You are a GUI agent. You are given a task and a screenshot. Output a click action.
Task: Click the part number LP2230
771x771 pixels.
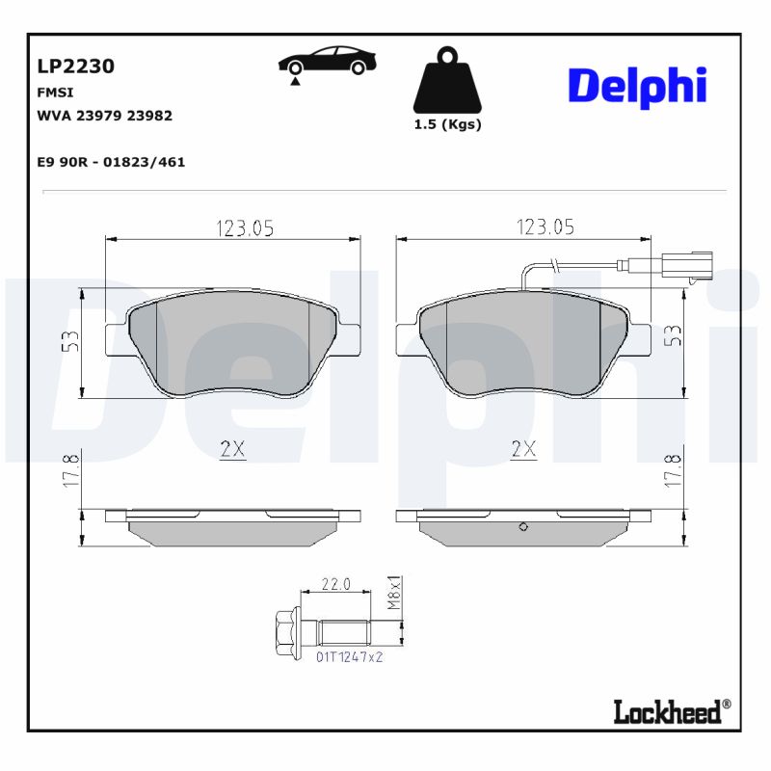(x=75, y=66)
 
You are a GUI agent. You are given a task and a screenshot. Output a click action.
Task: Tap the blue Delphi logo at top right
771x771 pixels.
(x=637, y=86)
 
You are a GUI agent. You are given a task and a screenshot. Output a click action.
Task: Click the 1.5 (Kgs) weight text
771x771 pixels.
(x=447, y=124)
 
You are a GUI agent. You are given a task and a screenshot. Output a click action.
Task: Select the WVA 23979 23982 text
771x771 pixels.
(x=104, y=115)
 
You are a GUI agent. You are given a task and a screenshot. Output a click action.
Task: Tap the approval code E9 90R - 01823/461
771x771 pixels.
(x=111, y=162)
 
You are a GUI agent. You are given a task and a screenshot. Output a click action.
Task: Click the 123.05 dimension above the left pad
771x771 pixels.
(x=244, y=227)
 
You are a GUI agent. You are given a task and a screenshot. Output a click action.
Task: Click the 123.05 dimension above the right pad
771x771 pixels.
(x=545, y=227)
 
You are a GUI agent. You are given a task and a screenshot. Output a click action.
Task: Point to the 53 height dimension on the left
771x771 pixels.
(x=70, y=341)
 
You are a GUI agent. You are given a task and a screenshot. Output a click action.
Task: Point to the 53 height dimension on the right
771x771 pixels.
(x=674, y=335)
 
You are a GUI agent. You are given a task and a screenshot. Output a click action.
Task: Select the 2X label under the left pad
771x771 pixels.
(x=232, y=448)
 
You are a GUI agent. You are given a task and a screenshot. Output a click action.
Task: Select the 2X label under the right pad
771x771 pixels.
(x=524, y=448)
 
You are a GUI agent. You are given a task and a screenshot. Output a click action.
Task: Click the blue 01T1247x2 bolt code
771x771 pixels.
(x=350, y=656)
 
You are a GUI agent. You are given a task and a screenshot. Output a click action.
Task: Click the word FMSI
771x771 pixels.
(x=55, y=93)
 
